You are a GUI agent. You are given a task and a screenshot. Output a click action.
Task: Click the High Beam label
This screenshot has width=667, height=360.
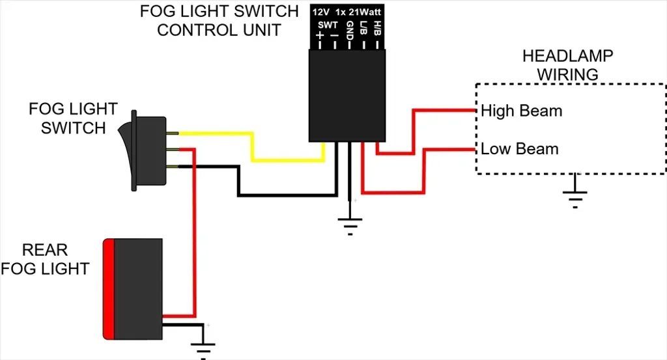tap(521, 111)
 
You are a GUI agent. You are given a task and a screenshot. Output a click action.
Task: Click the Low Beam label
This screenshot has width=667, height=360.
tap(520, 149)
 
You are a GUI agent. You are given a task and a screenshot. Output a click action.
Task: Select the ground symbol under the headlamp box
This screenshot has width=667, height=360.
tap(575, 195)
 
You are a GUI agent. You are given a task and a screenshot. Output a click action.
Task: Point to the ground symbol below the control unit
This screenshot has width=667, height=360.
tap(350, 223)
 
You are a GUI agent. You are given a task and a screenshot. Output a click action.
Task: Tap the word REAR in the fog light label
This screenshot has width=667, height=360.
tap(45, 250)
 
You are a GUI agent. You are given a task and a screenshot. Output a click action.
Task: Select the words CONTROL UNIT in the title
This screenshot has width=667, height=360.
tap(219, 30)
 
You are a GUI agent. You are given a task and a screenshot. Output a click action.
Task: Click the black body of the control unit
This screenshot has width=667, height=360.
tap(347, 98)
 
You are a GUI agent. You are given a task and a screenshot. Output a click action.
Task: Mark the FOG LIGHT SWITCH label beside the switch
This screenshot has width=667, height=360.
tap(73, 118)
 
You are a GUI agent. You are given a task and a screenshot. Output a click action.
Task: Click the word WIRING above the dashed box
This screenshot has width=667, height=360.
tap(567, 74)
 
